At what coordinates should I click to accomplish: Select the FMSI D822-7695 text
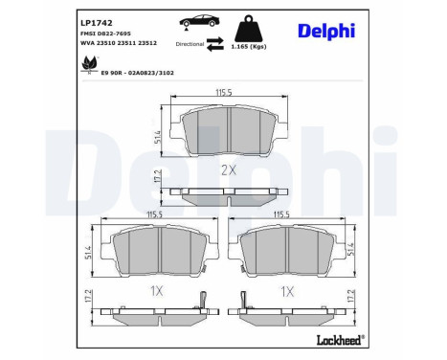point(106,33)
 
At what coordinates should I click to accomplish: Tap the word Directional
point(190,44)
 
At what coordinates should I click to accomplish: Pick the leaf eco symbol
point(90,64)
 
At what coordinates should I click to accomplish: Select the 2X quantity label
point(228,169)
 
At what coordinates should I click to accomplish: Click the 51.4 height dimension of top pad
point(157,136)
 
